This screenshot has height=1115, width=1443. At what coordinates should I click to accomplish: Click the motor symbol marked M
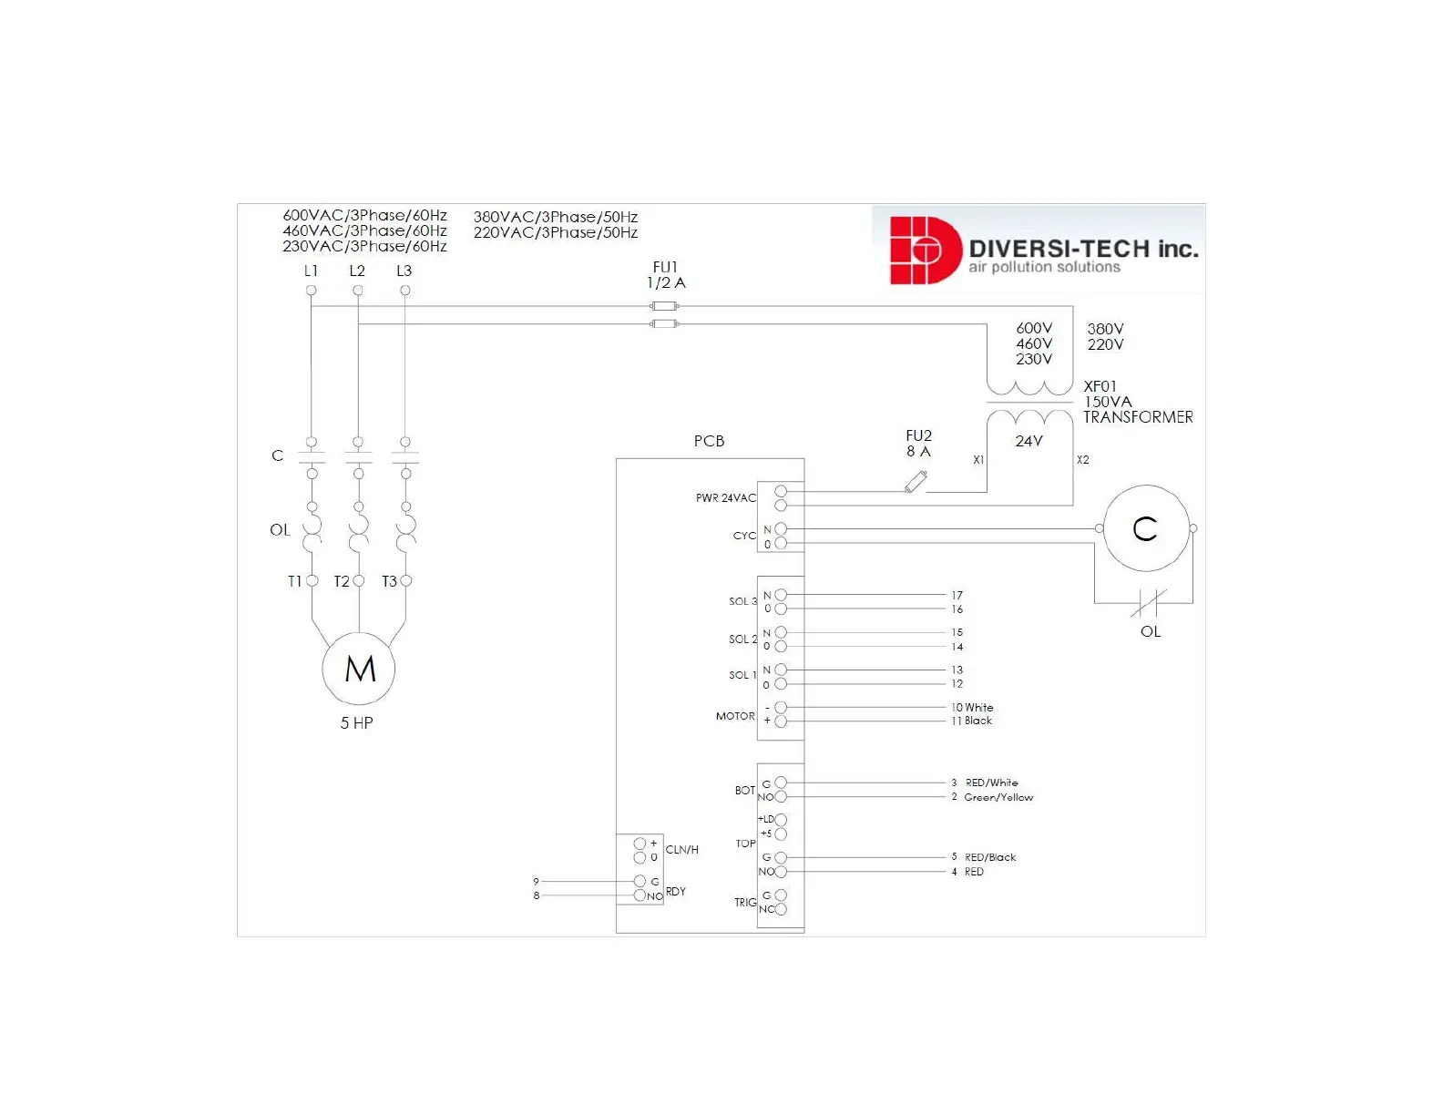(x=360, y=670)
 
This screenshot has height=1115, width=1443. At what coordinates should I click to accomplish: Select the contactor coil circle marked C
(x=1145, y=528)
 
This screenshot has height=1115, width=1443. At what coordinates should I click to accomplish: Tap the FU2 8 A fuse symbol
(x=916, y=482)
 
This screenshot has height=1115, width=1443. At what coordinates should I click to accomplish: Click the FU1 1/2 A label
(x=666, y=275)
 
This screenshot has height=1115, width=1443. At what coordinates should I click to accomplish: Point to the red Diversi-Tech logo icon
(x=922, y=250)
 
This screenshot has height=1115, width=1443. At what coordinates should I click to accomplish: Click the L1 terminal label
(x=311, y=271)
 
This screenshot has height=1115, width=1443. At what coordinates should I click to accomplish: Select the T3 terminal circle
(x=405, y=580)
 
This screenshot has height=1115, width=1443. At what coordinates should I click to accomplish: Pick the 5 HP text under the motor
(x=356, y=723)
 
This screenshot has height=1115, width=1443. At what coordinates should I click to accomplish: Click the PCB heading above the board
(x=709, y=441)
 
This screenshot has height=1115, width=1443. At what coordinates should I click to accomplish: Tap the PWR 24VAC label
(x=726, y=498)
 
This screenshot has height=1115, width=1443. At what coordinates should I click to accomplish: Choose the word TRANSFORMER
(x=1138, y=417)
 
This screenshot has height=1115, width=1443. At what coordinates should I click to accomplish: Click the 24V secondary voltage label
(x=1029, y=441)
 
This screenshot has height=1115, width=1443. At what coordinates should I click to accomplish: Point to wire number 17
(x=957, y=595)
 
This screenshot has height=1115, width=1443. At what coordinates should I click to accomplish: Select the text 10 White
(x=972, y=707)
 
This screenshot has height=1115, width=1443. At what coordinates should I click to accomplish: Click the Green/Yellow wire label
(x=998, y=797)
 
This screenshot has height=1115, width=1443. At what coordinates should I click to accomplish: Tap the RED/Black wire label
(x=990, y=857)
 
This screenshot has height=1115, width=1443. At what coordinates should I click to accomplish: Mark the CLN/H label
(x=681, y=850)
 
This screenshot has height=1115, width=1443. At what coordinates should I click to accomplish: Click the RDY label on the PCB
(x=675, y=892)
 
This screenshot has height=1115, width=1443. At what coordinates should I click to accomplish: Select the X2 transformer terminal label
(x=1082, y=460)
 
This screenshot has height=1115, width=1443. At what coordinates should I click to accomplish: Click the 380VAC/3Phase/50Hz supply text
(x=556, y=217)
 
